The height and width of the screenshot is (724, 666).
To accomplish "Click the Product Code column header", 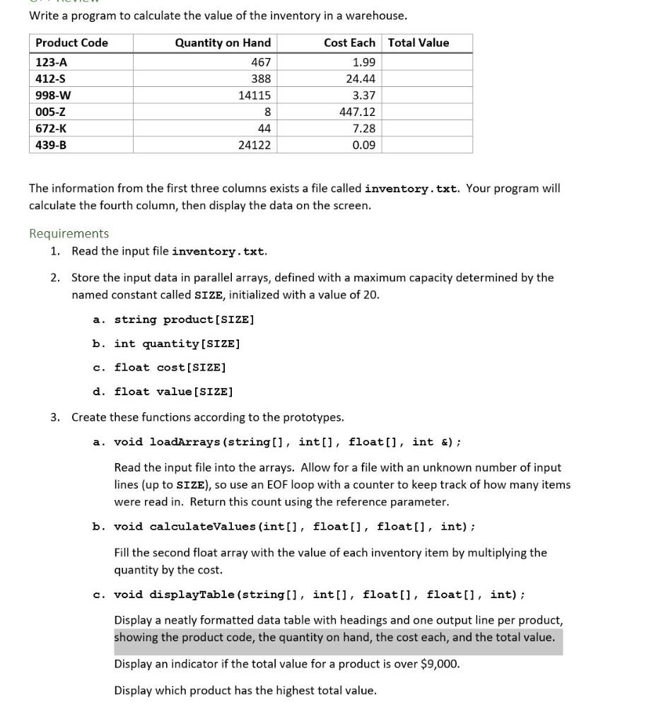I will point(71,42).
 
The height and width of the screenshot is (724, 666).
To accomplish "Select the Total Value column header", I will point(418,42).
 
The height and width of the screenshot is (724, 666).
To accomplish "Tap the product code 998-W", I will point(53,95).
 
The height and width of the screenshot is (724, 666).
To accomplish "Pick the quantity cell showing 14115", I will point(254,95).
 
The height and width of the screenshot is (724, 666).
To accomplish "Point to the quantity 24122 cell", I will point(254,145).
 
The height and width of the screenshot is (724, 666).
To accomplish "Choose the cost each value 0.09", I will point(363,145).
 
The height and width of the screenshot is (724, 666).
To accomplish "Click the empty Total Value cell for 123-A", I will point(426,62).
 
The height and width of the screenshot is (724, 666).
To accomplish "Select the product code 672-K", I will point(52,128).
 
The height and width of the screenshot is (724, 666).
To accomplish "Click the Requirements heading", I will point(69,233).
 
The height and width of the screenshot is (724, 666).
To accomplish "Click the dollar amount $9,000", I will point(440,664).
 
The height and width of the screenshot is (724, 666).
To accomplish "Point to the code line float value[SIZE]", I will point(173,392).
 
